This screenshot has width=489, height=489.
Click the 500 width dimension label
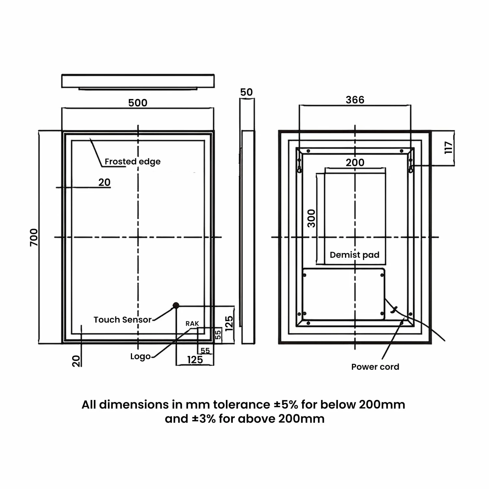(138, 103)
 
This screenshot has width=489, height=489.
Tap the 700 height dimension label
(34, 237)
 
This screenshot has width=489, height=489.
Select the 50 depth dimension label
(246, 92)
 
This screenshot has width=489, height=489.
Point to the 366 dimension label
(355, 100)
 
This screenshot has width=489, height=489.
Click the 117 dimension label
(449, 148)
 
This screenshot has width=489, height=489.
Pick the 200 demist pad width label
(355, 162)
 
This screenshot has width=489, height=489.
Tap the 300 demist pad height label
(312, 218)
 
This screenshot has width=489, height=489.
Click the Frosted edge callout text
(132, 162)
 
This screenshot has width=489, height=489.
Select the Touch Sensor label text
(123, 319)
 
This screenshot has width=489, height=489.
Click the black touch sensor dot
(176, 305)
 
